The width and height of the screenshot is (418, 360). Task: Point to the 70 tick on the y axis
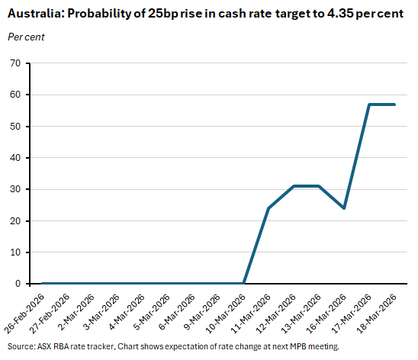pos(14,63)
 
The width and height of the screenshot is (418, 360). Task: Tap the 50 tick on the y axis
pos(14,127)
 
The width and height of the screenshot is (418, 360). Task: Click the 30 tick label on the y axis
pos(14,189)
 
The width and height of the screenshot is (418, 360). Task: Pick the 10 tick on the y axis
pos(14,252)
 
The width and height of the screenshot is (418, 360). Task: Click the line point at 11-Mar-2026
pos(268,208)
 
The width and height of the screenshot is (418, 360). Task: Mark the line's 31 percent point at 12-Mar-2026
pos(294,186)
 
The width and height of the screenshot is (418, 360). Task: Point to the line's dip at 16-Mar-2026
pos(344,208)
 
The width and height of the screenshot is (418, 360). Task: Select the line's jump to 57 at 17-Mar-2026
pos(369,104)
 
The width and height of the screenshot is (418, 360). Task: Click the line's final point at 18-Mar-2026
pos(394,104)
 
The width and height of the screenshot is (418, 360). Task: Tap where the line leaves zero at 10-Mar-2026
pos(243,284)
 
